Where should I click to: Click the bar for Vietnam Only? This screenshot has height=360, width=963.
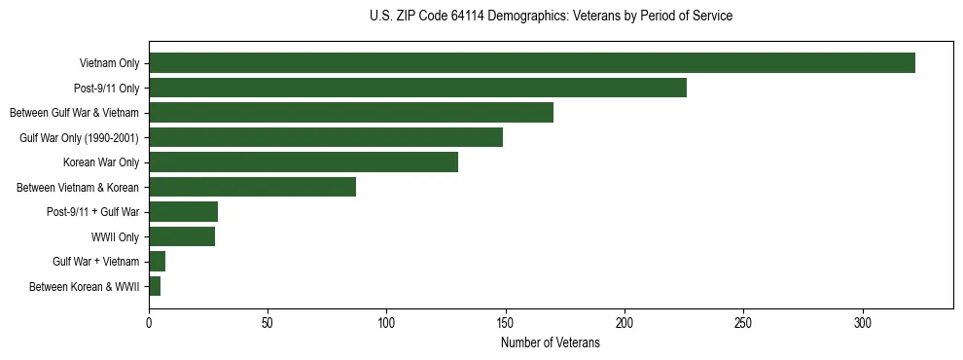pos(531,63)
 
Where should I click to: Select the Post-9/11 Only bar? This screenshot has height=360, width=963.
pos(417,88)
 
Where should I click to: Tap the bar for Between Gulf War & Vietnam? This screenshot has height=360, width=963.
pos(351,113)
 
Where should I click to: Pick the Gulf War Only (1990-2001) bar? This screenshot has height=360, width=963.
pos(326,137)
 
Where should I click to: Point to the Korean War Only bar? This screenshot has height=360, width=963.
pos(303,162)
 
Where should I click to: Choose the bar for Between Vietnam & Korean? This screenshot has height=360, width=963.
pos(252,187)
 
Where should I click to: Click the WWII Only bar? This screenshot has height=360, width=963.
pos(182,236)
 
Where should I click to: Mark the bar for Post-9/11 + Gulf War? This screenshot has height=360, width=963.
pos(183,212)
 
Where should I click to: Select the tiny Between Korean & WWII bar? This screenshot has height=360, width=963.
pos(155,286)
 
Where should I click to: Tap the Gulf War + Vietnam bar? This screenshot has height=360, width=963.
pos(157,262)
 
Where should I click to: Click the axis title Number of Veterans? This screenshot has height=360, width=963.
pos(550,343)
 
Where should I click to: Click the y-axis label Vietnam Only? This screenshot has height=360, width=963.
pos(109,63)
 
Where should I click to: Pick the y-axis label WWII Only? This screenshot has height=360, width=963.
pos(115,236)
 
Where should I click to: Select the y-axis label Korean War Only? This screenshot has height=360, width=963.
pos(101,162)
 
